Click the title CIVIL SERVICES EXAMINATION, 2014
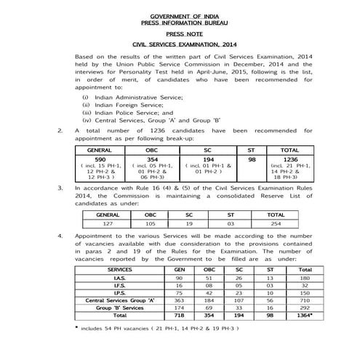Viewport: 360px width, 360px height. coord(179,44)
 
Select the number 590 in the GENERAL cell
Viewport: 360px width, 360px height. coord(101,159)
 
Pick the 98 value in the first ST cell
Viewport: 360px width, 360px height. coord(252,159)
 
